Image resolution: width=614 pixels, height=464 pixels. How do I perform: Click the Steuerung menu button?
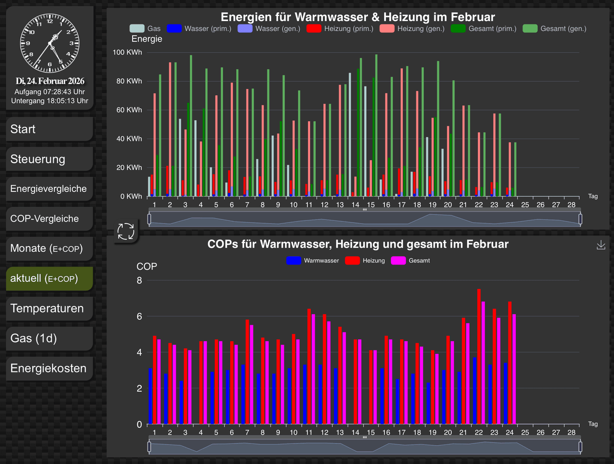[49, 159]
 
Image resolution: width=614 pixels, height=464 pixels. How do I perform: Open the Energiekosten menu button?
[49, 368]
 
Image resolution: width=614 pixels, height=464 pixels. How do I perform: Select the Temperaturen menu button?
[49, 309]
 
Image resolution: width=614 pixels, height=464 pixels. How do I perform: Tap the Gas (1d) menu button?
[49, 339]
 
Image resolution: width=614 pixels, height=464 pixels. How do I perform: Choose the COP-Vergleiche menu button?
[49, 218]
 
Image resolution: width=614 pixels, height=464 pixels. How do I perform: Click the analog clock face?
[50, 42]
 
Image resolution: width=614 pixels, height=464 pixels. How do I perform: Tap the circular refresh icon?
[125, 231]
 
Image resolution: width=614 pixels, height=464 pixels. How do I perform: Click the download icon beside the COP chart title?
[601, 246]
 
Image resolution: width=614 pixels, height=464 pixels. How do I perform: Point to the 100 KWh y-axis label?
[128, 53]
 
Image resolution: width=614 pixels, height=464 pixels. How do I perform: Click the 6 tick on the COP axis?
[139, 317]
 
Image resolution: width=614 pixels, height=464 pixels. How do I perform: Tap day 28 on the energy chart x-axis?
[572, 205]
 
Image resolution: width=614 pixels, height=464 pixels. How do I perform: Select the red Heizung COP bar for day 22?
[479, 357]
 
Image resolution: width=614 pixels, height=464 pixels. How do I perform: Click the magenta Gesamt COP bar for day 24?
[514, 369]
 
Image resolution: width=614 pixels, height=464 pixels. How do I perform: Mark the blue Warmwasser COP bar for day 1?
[150, 396]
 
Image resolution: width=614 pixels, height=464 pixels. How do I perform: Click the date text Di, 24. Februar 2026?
[50, 81]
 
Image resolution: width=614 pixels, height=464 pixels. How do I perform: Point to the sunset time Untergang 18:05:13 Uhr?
[50, 101]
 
